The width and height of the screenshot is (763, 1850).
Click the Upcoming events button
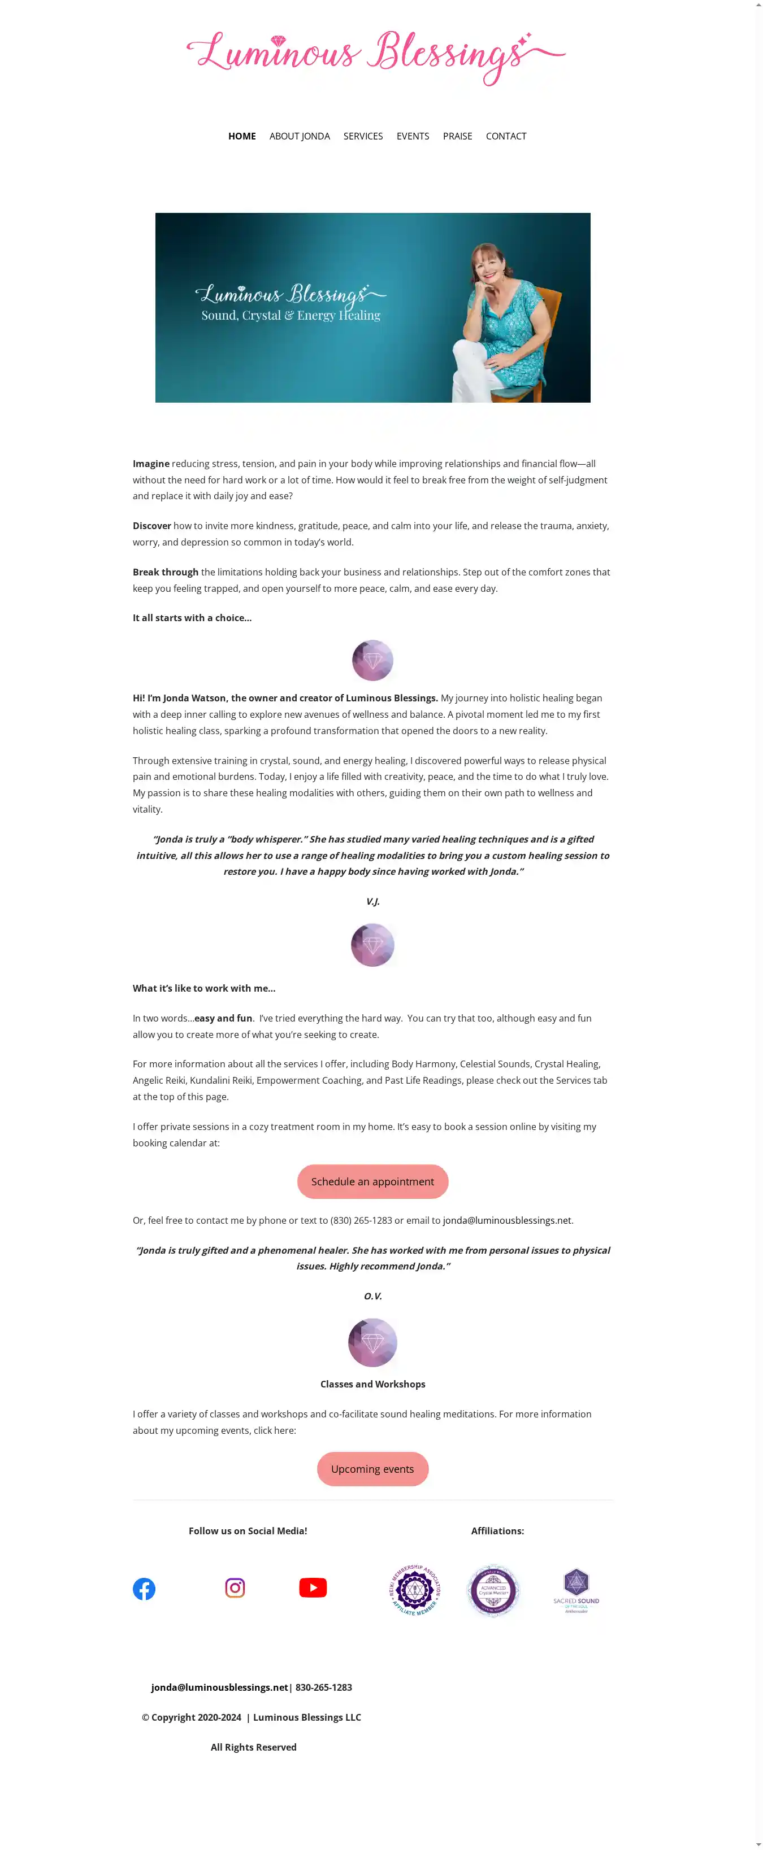372,1469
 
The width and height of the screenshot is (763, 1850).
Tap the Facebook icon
144,1589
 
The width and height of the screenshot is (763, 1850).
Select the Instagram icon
235,1587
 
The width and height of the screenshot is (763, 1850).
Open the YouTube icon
313,1587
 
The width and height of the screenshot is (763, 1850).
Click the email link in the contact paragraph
506,1220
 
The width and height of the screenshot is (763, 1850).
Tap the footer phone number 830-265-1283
323,1687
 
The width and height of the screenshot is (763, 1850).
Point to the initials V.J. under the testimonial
372,901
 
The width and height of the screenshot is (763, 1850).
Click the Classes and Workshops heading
372,1384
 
